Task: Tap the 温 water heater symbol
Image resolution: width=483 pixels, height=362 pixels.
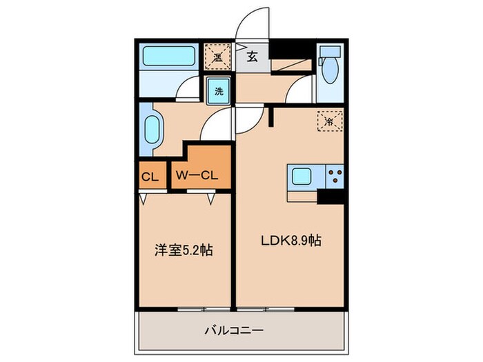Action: point(217,55)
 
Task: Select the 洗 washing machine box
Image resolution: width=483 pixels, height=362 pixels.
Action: point(218,90)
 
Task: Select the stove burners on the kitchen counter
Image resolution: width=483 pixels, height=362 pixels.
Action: point(335,177)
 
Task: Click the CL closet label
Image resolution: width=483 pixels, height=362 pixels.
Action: point(150,177)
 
